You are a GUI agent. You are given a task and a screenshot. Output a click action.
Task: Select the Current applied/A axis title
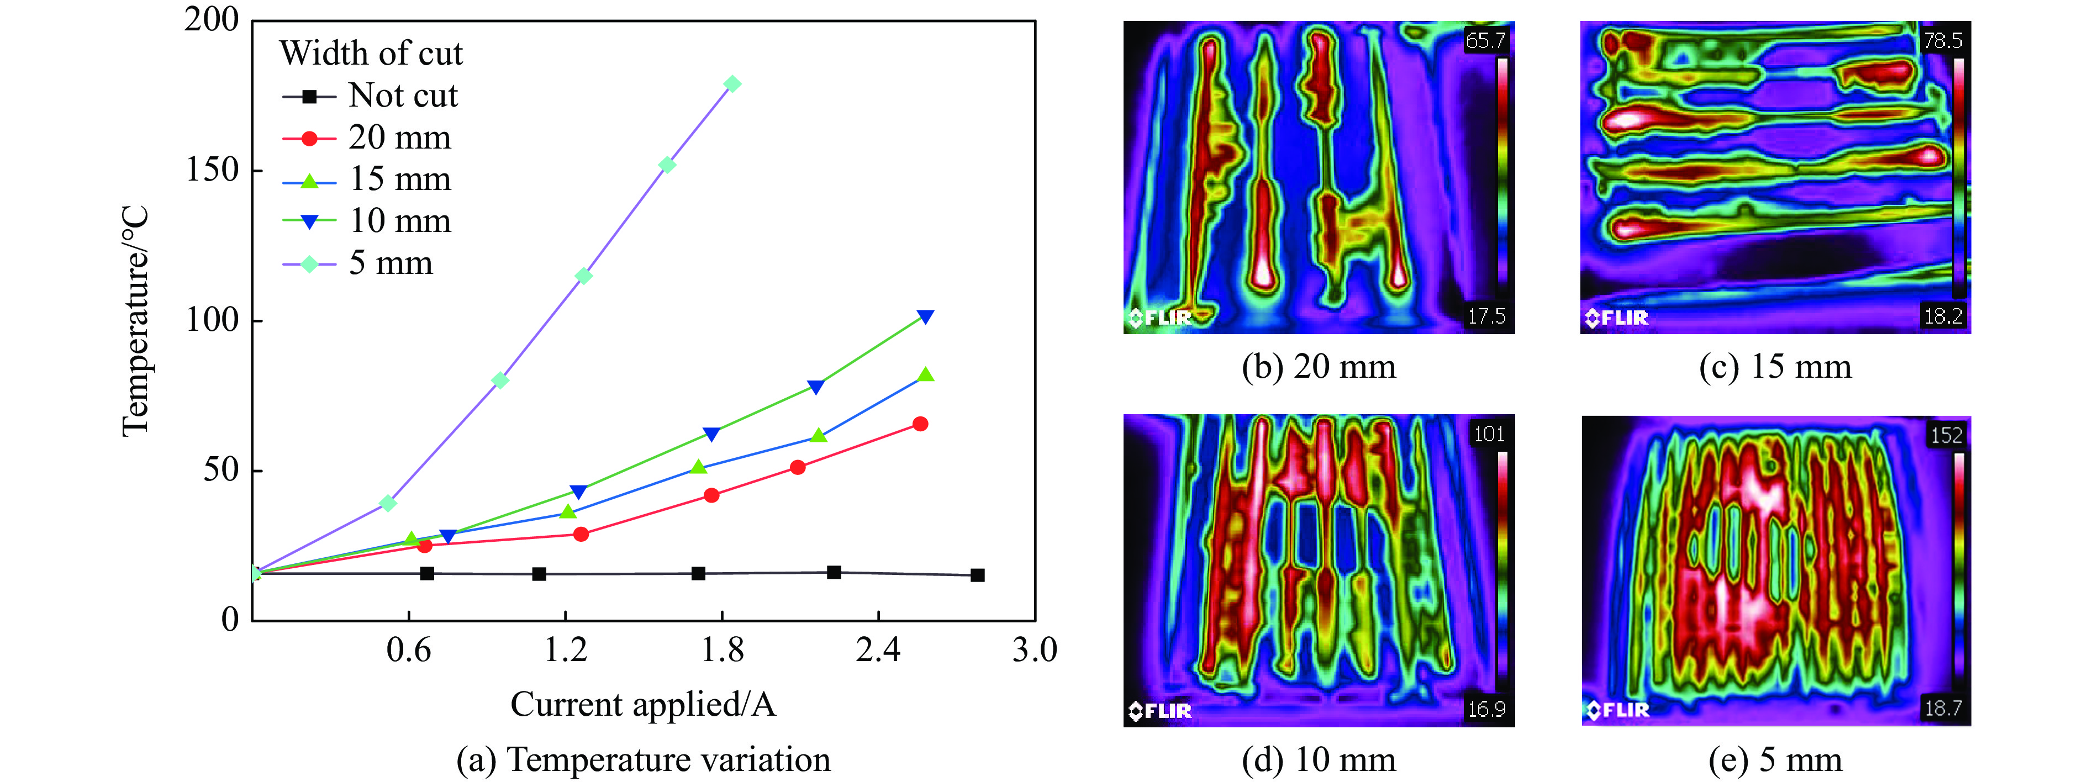(643, 704)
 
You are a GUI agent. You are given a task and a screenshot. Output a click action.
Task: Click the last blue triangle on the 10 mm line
(925, 316)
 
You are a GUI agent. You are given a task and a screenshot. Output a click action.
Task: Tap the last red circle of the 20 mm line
(920, 424)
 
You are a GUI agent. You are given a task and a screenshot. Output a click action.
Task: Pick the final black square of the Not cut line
(978, 575)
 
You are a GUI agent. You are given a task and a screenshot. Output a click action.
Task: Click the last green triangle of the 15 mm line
(926, 375)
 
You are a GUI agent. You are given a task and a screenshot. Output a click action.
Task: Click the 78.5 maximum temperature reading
(1943, 40)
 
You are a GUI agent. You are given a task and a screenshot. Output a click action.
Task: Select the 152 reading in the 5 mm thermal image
(1946, 435)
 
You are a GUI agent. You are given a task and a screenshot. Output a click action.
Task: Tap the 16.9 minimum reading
(1486, 710)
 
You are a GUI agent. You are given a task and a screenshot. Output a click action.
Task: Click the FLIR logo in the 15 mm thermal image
(1617, 318)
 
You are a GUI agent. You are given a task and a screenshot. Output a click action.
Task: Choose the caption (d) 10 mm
(1319, 760)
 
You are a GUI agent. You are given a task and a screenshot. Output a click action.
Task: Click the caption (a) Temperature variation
(643, 760)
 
